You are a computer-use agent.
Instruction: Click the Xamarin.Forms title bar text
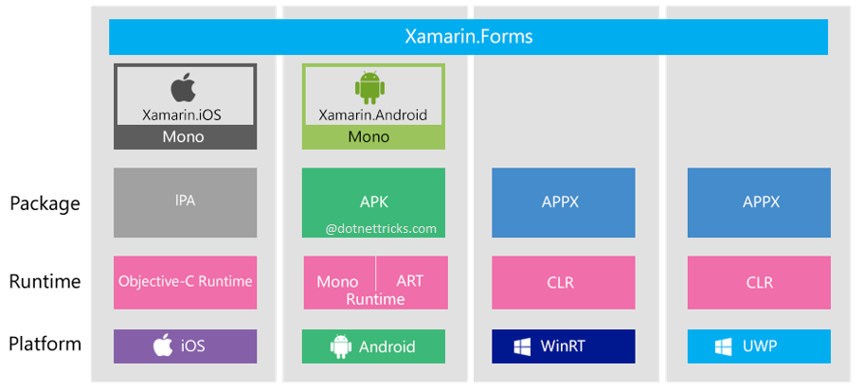(468, 37)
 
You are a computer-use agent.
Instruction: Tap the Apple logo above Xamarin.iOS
(184, 88)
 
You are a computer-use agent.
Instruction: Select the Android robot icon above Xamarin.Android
(370, 87)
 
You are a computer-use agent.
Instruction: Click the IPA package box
(185, 202)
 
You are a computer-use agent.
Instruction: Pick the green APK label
(373, 202)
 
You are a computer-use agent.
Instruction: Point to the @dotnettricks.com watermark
(381, 228)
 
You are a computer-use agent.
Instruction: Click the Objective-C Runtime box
(185, 281)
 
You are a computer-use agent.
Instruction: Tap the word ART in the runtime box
(409, 281)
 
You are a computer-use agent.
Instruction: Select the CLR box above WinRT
(563, 282)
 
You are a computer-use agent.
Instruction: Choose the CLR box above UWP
(759, 282)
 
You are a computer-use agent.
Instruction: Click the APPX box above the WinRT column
(563, 202)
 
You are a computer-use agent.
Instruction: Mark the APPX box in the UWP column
(759, 202)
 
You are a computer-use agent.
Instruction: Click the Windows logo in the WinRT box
(522, 346)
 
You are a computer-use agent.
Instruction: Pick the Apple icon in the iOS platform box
(163, 346)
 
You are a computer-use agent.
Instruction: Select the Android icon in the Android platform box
(340, 346)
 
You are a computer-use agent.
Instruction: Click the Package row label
(45, 203)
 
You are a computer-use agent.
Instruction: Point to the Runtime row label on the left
(45, 281)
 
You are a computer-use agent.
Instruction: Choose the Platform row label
(45, 345)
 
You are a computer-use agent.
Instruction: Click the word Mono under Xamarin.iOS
(184, 137)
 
